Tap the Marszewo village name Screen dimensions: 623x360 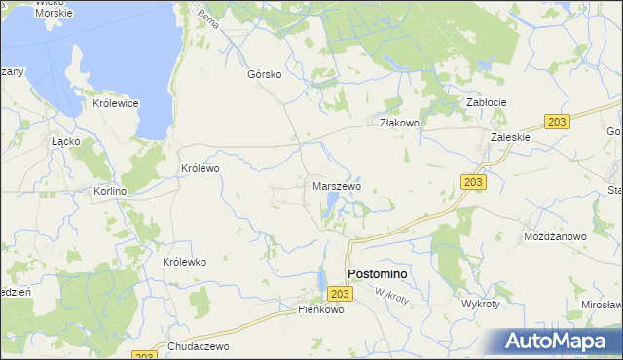click(337, 185)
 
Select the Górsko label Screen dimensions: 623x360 click(265, 74)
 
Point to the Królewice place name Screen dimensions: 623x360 click(116, 103)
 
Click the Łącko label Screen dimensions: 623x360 click(65, 140)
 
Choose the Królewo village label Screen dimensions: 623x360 click(201, 168)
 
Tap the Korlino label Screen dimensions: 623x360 click(109, 192)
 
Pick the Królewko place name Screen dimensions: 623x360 click(184, 262)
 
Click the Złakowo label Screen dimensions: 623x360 click(398, 123)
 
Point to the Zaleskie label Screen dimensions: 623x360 click(510, 137)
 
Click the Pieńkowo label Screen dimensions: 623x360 click(321, 309)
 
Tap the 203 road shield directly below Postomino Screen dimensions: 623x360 click(339, 294)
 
